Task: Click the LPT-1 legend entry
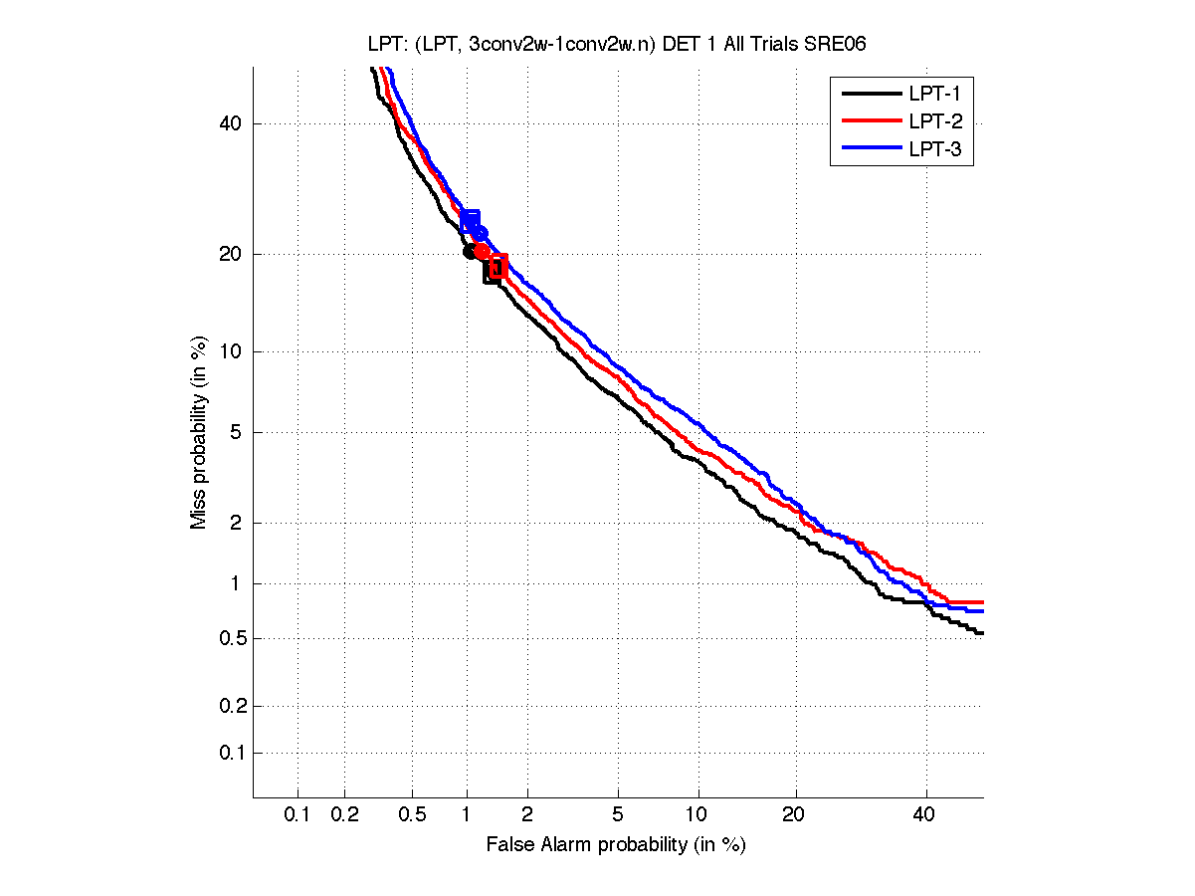point(933,95)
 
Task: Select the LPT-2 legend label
point(933,122)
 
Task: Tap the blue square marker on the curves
point(470,220)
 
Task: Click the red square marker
point(498,264)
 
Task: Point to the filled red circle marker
point(482,251)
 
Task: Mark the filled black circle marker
point(471,251)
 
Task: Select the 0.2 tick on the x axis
point(344,814)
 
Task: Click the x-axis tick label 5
point(618,814)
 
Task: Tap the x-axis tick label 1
point(467,814)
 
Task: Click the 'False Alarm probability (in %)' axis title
point(616,845)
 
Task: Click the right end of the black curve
point(981,632)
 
